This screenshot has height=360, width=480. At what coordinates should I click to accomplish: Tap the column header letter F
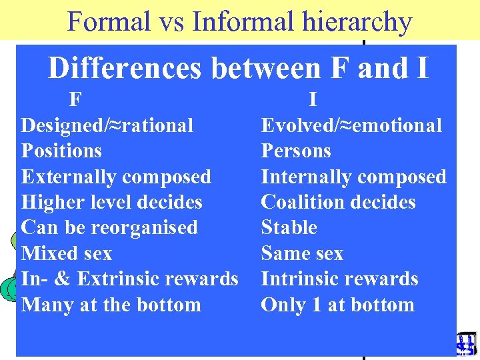[x=76, y=100]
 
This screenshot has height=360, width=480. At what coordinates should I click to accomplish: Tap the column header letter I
[x=313, y=100]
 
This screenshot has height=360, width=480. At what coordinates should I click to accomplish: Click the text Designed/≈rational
[x=107, y=125]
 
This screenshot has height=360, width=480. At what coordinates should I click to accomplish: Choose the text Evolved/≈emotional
[x=351, y=125]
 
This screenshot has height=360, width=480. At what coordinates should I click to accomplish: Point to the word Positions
[x=61, y=151]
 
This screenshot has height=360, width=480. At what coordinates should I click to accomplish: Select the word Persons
[x=296, y=151]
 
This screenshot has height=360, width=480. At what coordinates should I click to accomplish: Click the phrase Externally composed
[x=116, y=177]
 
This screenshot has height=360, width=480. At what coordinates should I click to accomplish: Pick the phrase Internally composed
[x=353, y=177]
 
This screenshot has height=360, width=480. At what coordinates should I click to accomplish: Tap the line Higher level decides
[x=112, y=202]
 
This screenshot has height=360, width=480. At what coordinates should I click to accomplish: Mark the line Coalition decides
[x=338, y=202]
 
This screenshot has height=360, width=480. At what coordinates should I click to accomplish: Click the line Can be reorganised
[x=109, y=227]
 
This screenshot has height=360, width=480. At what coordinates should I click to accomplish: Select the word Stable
[x=289, y=227]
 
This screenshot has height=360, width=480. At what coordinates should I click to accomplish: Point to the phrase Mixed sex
[x=67, y=253]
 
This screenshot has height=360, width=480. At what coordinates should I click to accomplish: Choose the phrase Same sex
[x=302, y=253]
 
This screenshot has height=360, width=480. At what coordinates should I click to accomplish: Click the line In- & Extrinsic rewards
[x=129, y=279]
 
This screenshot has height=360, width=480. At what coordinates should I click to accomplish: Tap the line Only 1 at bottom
[x=337, y=305]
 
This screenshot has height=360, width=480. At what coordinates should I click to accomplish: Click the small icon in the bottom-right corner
[x=465, y=343]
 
